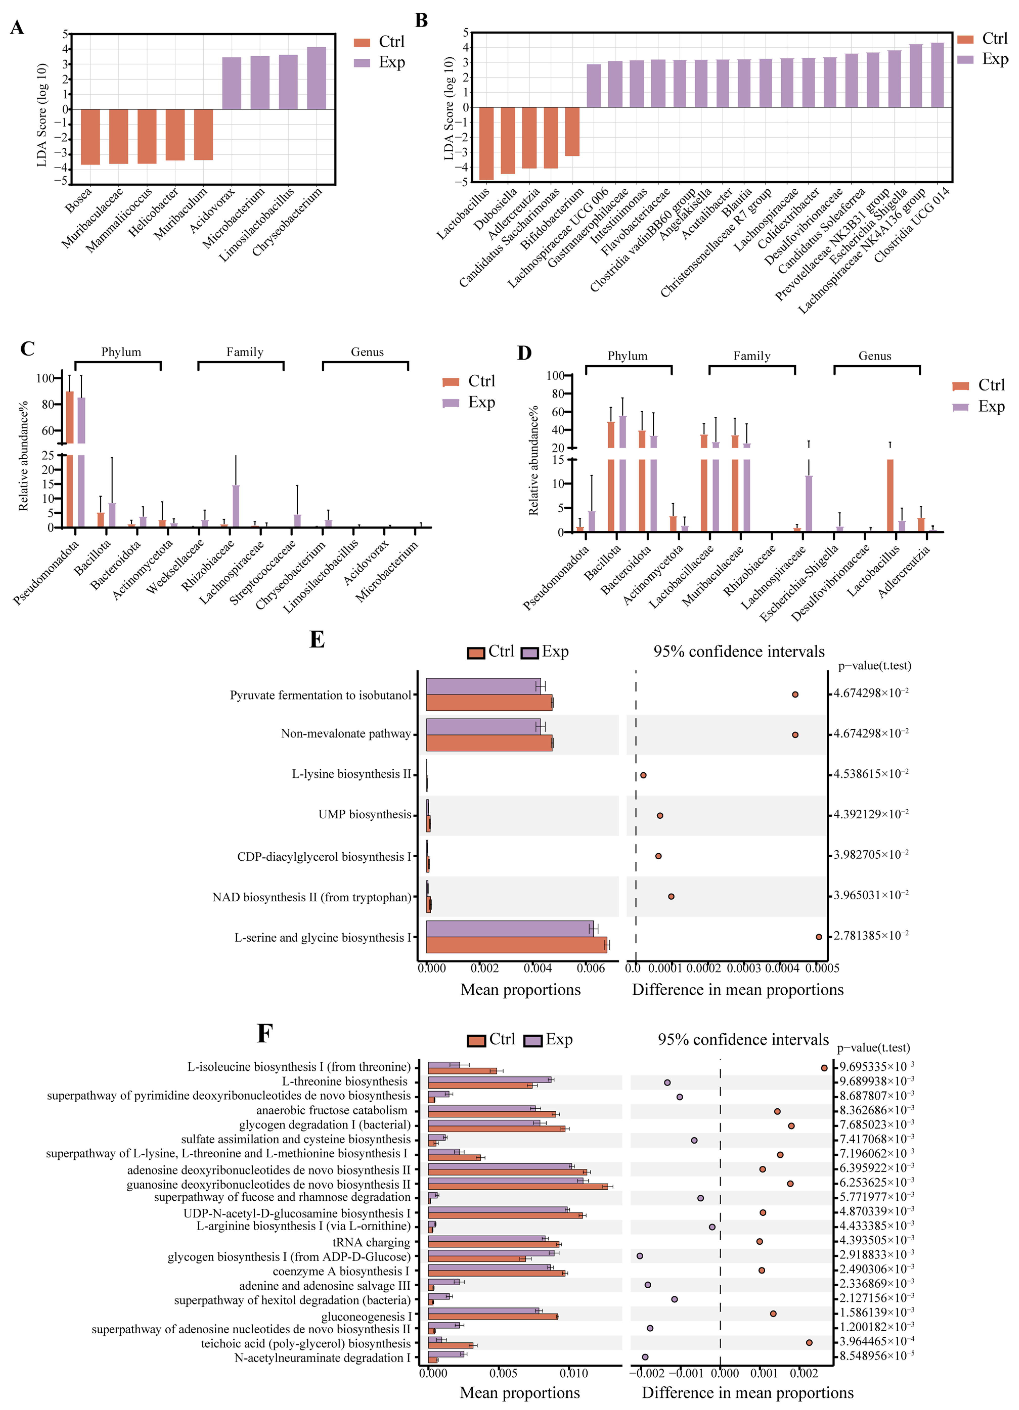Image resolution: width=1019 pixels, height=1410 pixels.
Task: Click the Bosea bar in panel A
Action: click(90, 137)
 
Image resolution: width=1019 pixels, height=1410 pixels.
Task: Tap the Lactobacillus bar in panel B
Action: click(486, 143)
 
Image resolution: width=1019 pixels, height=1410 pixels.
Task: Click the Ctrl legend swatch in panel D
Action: click(961, 386)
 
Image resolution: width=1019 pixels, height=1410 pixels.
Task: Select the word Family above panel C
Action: click(244, 352)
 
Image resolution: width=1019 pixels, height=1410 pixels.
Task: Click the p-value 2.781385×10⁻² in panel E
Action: click(870, 936)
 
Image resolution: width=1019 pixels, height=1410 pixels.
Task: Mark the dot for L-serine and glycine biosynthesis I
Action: click(819, 937)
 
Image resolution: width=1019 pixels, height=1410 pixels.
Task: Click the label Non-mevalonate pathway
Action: click(346, 734)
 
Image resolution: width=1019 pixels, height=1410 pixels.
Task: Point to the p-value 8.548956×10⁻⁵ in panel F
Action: click(876, 1356)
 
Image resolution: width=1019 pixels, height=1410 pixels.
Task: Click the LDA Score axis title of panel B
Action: click(449, 109)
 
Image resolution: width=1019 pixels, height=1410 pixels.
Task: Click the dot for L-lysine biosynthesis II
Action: click(644, 775)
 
